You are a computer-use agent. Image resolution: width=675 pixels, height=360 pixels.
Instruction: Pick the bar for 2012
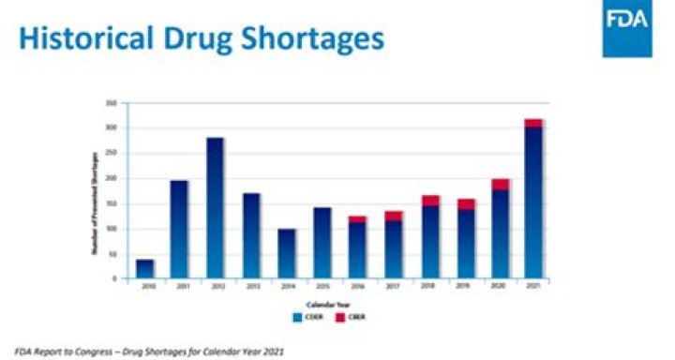216,208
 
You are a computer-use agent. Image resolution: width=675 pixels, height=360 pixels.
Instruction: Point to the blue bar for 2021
533,202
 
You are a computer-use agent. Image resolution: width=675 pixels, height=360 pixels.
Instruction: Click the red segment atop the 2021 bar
533,122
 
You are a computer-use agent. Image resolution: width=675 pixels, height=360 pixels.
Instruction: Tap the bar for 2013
251,235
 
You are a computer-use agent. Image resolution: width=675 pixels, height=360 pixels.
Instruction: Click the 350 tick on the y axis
111,102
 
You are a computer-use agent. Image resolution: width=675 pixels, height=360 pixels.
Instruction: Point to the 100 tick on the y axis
111,228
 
